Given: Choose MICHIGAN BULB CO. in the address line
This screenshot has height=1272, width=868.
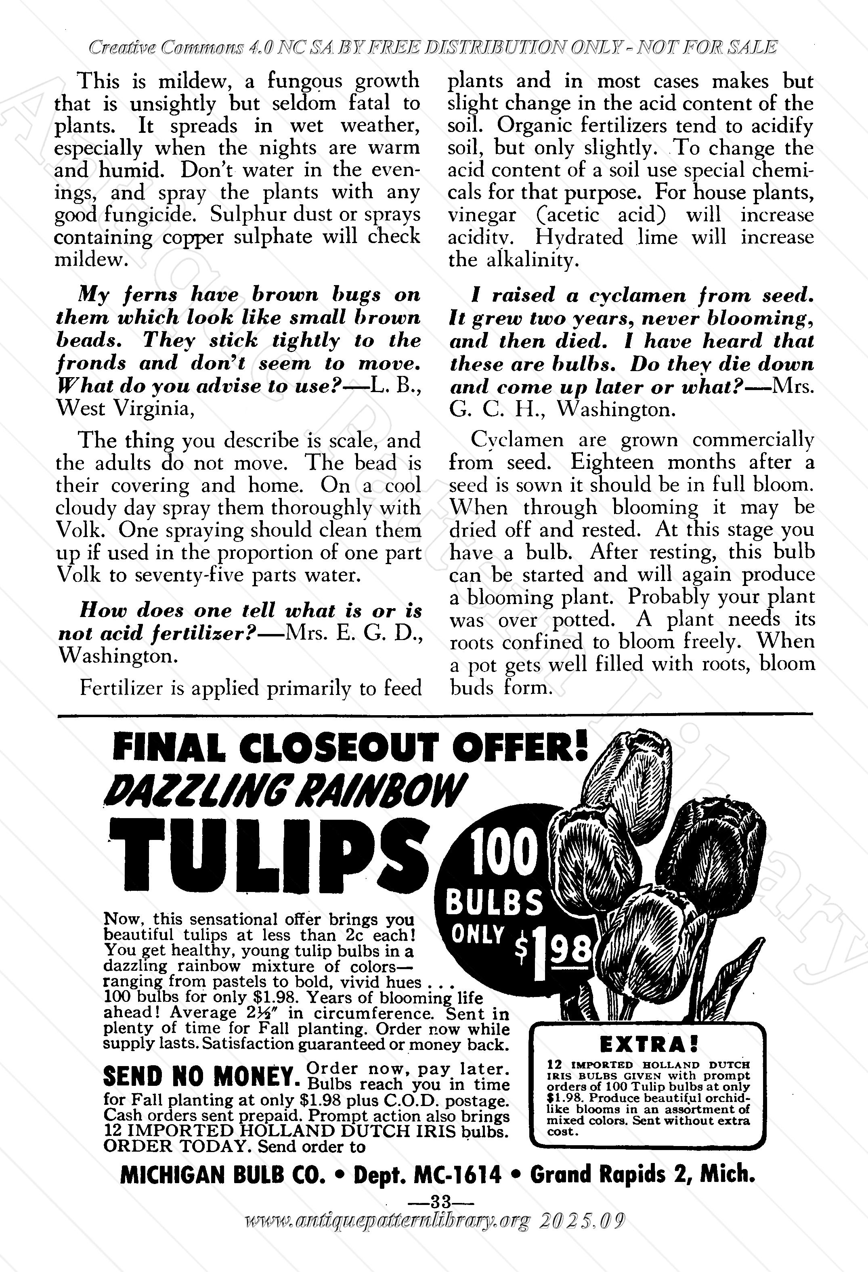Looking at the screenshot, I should (x=226, y=1175).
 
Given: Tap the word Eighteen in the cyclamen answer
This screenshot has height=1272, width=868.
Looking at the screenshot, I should (x=612, y=462).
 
